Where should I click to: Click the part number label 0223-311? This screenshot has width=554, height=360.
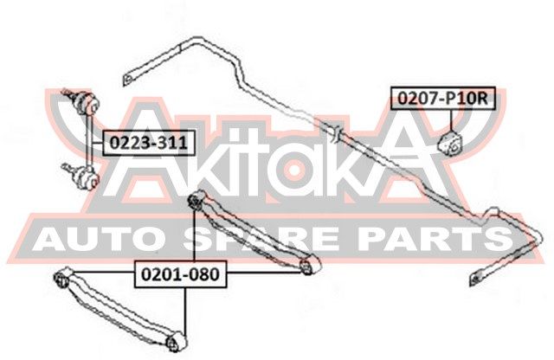[x=149, y=143]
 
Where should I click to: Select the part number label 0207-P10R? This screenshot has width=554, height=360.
[x=443, y=98]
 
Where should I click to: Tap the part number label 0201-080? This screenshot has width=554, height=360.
[x=180, y=274]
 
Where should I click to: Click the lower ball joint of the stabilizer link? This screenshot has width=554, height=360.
[x=86, y=177]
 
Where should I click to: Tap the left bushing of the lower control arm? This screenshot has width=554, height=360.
[x=63, y=278]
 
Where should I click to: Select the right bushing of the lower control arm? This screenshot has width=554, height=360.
[x=175, y=342]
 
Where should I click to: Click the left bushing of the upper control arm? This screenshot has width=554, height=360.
[x=196, y=200]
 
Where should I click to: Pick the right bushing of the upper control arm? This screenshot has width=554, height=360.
[x=309, y=265]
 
